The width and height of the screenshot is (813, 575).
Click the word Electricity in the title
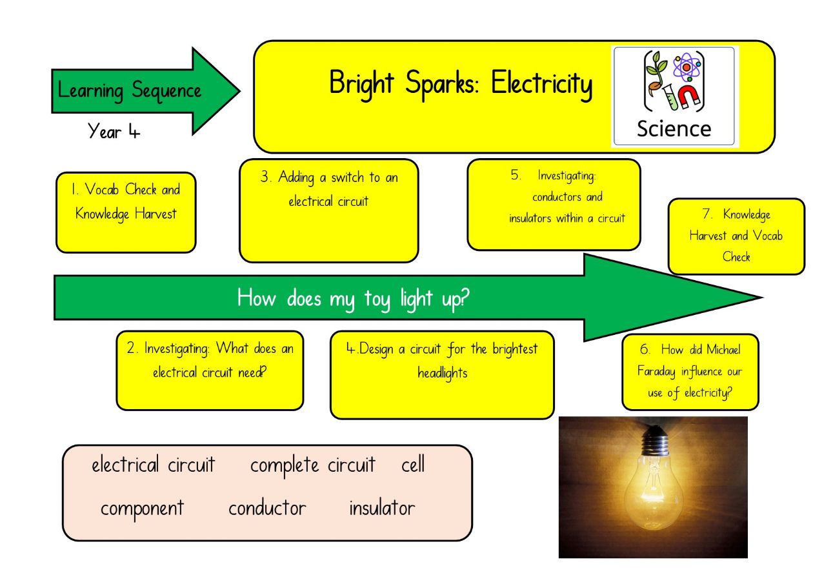[541, 84]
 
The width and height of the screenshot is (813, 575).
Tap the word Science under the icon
[674, 129]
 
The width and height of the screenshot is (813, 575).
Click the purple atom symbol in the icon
[687, 67]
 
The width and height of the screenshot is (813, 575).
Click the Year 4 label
[114, 131]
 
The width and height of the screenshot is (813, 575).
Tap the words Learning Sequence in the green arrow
[130, 91]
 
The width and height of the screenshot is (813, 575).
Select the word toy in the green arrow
[377, 299]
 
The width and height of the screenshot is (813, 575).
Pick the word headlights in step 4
[443, 373]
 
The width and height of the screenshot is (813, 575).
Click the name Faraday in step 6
[656, 371]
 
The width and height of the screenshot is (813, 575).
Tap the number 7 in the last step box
[707, 214]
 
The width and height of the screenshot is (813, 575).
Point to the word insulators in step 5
[530, 218]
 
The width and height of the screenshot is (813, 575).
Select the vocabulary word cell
[413, 464]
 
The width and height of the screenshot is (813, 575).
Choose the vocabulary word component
[142, 509]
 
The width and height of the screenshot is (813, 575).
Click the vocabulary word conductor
[267, 508]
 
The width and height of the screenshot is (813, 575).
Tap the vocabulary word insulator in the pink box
[382, 507]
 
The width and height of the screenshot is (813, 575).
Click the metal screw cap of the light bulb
[655, 441]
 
